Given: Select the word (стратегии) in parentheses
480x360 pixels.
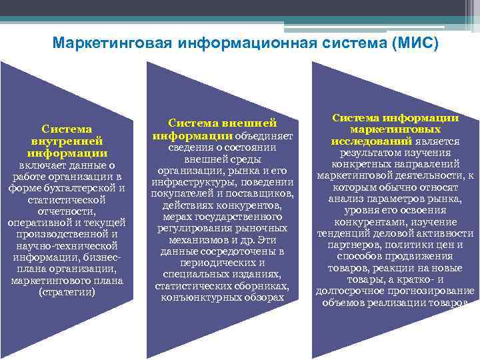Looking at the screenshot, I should pos(67,293).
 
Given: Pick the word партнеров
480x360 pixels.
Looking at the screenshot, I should pos(352,245).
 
